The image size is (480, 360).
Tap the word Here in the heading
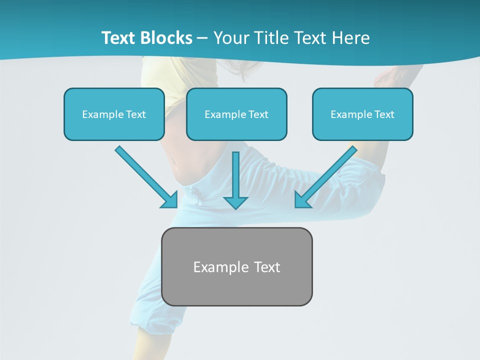tap(351, 38)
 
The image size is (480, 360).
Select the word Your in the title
tap(230, 38)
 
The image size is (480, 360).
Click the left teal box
tap(114, 114)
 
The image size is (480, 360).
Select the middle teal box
tap(236, 114)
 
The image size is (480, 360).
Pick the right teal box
tap(362, 114)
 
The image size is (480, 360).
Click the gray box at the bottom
tap(237, 266)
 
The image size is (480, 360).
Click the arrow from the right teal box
tap(327, 175)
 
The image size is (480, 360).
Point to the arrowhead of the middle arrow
tap(235, 202)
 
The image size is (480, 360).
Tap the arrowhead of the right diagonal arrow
tap(301, 200)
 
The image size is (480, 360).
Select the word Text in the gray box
tap(267, 267)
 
